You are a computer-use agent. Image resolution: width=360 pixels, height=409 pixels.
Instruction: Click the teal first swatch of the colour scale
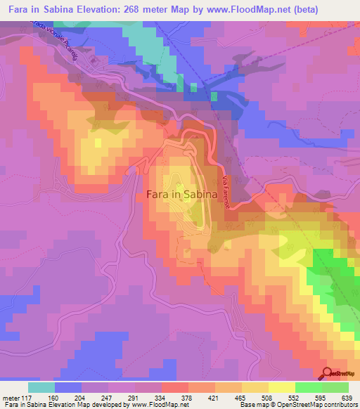[x=41, y=387]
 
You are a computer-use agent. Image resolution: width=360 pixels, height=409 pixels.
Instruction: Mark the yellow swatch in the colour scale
[x=281, y=387]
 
